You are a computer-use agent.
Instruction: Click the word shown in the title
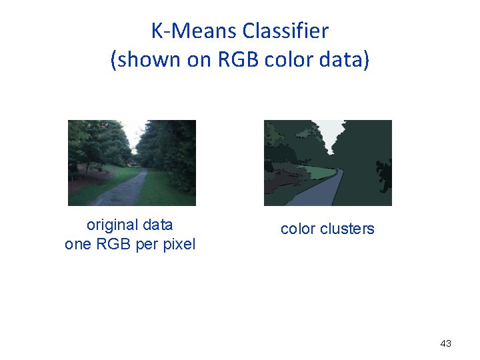(145, 60)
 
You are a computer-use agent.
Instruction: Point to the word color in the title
(287, 60)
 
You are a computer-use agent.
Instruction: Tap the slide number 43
(446, 343)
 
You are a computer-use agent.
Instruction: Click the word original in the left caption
(111, 225)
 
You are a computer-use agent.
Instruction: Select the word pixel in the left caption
(176, 245)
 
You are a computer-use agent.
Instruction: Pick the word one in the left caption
(78, 245)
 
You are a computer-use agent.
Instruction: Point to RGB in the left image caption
(113, 245)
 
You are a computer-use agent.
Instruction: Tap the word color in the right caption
(298, 229)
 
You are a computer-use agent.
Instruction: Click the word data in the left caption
(157, 225)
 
